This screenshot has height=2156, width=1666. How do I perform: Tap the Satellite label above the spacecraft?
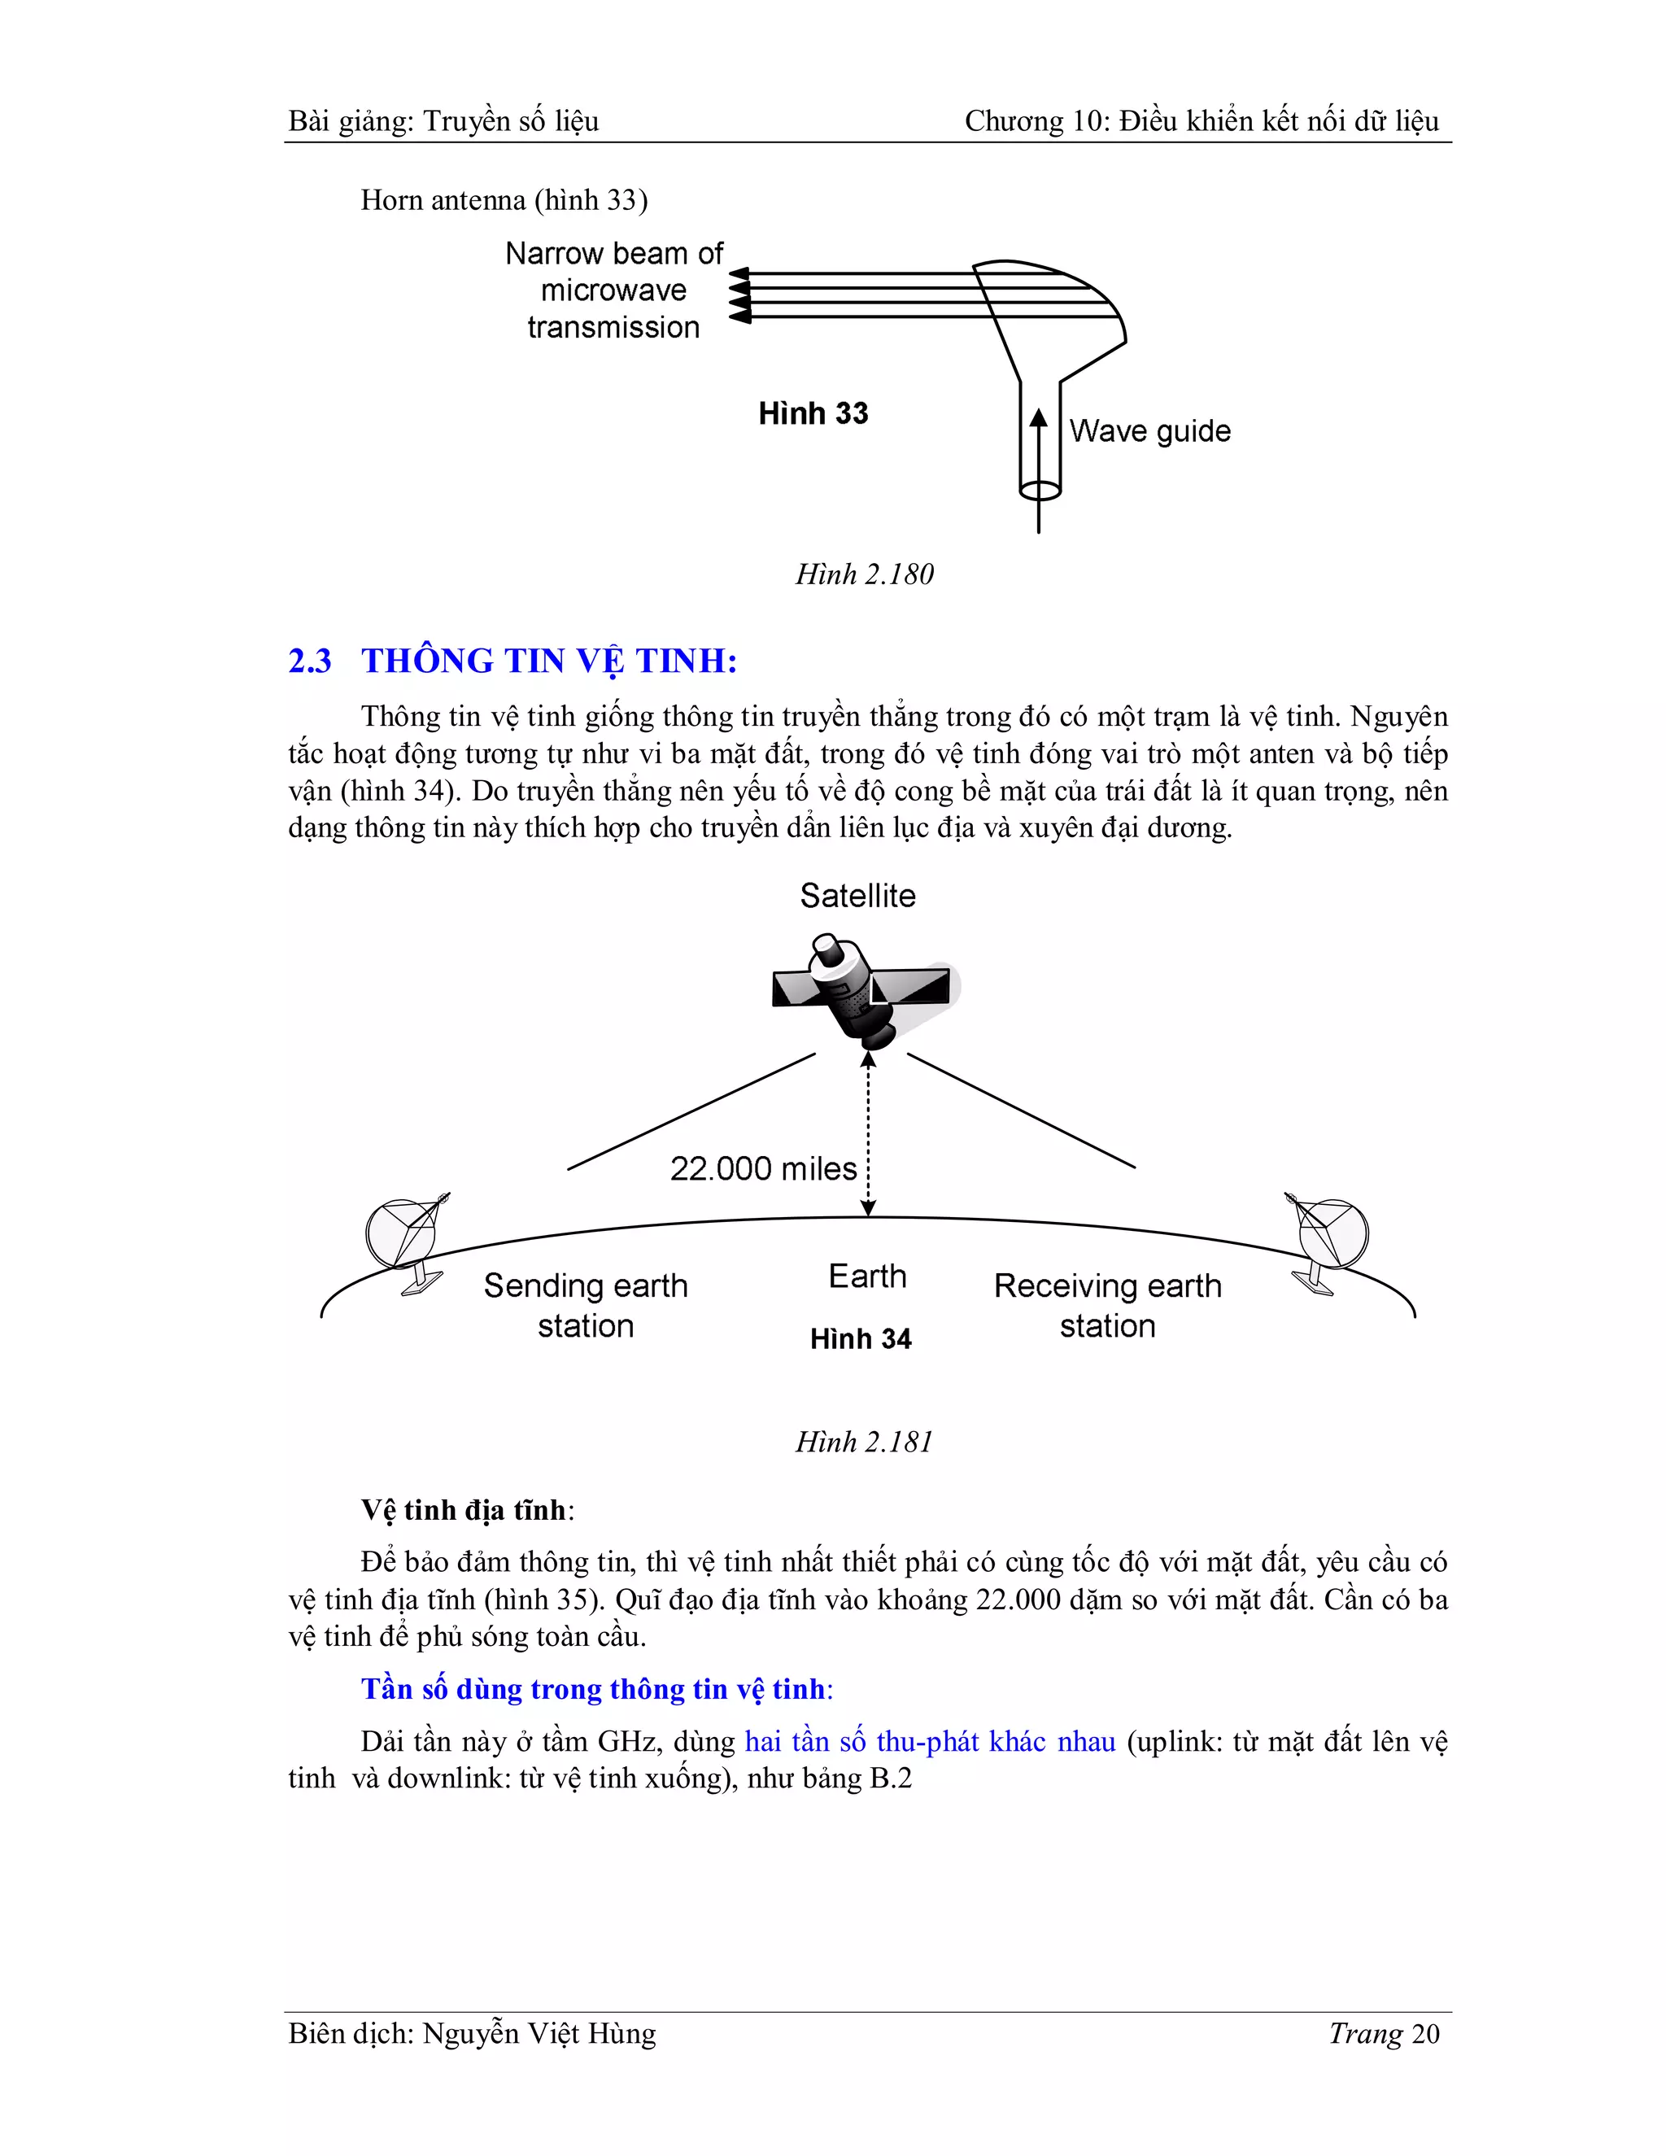pos(857,896)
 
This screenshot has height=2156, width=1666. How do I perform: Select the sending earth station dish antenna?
pos(404,1240)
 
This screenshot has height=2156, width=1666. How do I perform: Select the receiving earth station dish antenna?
pos(1329,1239)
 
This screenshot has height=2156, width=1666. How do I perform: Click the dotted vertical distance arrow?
pos(867,1135)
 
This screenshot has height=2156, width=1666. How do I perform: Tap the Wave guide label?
pos(1149,431)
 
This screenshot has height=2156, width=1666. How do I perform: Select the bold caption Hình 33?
pos(813,413)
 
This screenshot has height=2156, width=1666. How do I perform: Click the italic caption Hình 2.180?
pos(864,574)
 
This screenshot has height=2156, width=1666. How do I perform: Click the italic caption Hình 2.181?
pos(864,1442)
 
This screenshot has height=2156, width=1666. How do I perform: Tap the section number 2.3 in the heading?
pos(310,661)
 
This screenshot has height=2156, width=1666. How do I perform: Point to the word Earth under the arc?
pos(866,1277)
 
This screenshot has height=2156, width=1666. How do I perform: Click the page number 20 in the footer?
pos(1424,2035)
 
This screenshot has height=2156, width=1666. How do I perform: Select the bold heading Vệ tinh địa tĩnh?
pos(464,1510)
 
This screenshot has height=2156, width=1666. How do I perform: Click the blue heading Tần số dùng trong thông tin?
pos(592,1689)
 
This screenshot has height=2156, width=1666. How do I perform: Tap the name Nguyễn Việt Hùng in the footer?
pos(539,2035)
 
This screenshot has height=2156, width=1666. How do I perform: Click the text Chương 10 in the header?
pos(1036,121)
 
